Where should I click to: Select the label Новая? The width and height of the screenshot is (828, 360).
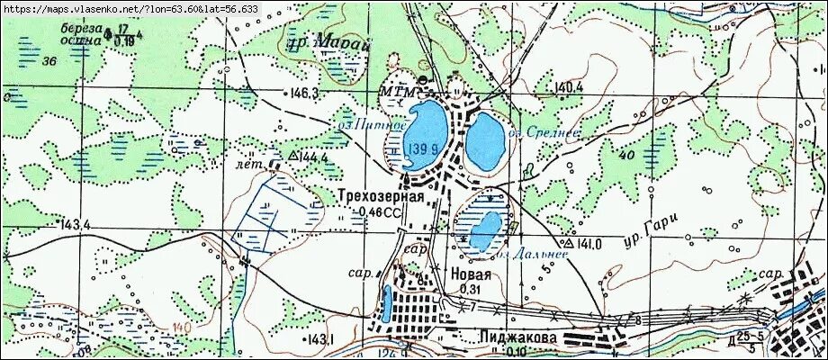coord(472,274)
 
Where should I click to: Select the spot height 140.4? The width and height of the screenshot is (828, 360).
coord(570,87)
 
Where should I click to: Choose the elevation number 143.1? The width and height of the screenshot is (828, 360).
coord(319,339)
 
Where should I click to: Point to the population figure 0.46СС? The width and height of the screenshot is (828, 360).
coord(378,212)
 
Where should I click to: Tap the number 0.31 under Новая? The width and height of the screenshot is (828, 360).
coord(470,289)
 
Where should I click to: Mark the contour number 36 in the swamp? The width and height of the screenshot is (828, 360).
coord(49,61)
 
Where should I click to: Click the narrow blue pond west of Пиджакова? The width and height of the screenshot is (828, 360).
coord(386,304)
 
